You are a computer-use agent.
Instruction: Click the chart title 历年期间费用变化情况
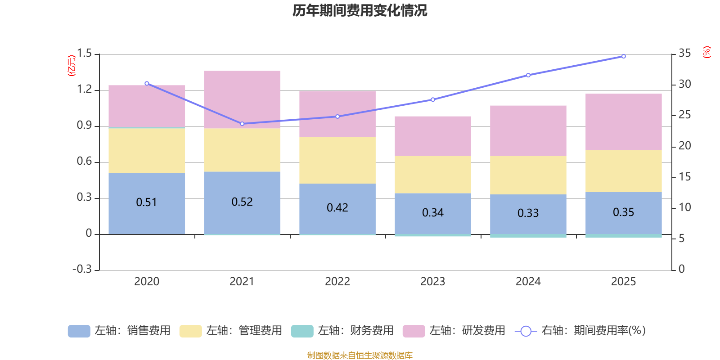[360, 10]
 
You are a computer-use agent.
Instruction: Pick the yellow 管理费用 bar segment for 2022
[337, 160]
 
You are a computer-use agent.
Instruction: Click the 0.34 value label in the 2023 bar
[432, 212]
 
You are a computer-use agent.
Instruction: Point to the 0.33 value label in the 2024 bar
[528, 213]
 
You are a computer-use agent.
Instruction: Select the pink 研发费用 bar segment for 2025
[623, 121]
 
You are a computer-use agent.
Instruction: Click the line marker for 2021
[242, 124]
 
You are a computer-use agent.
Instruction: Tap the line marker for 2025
[623, 57]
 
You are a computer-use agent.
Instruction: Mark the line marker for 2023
[433, 99]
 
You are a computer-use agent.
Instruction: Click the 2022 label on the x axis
[337, 282]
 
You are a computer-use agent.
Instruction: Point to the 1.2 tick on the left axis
[84, 89]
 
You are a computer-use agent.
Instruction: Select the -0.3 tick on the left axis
[82, 269]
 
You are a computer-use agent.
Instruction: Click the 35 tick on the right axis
[684, 53]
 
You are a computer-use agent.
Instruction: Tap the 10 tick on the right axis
[684, 207]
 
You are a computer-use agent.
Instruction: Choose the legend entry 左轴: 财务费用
[342, 331]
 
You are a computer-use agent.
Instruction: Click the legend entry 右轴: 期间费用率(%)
[580, 331]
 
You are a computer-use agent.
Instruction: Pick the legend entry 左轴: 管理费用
[231, 331]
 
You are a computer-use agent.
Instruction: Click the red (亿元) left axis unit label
[71, 66]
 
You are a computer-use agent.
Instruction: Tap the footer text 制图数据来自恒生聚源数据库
[360, 355]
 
